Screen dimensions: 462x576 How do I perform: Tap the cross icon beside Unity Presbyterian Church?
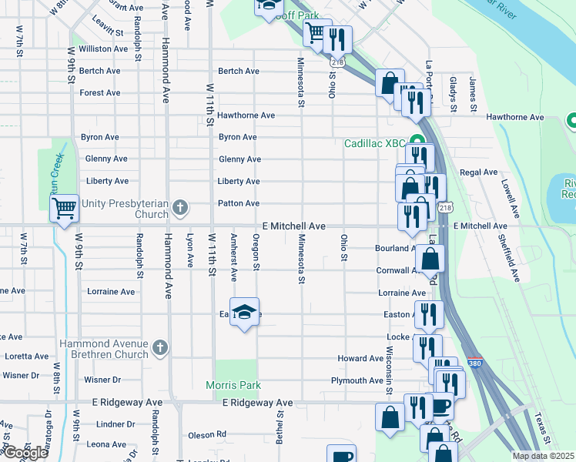[x=180, y=207]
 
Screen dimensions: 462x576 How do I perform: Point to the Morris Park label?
[x=233, y=385]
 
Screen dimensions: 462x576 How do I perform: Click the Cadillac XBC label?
[x=374, y=143]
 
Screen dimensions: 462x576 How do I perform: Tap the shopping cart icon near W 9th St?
[x=65, y=207]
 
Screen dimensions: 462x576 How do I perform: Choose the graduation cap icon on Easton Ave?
[x=244, y=312]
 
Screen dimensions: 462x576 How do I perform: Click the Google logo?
[x=25, y=454]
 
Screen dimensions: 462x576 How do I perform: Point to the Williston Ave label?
[x=102, y=49]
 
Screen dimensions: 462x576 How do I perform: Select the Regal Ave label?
[x=478, y=172]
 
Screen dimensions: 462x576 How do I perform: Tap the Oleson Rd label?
[x=206, y=434]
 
